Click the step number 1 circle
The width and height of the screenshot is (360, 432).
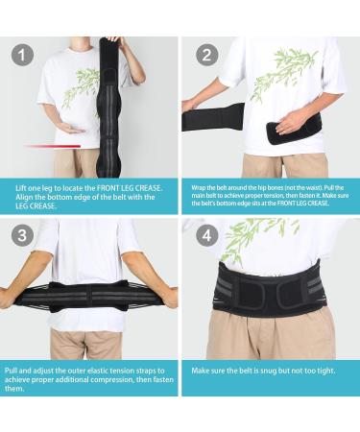point(22,55)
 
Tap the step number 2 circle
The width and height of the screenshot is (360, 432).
point(207,55)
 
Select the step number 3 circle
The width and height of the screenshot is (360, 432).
point(22,235)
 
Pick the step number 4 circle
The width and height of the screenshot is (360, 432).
point(207,235)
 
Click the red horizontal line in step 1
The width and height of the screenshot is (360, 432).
point(52,146)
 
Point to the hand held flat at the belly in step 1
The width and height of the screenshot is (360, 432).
point(71,129)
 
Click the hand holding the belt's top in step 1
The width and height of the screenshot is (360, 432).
point(113,38)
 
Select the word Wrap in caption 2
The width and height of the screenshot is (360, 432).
point(199,188)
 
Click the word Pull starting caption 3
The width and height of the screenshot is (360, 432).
point(11,371)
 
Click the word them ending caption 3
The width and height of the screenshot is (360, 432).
point(14,389)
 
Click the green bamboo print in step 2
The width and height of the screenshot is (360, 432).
point(282,73)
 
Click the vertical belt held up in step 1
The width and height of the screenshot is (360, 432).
point(108,108)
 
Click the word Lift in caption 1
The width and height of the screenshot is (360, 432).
point(21,188)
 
